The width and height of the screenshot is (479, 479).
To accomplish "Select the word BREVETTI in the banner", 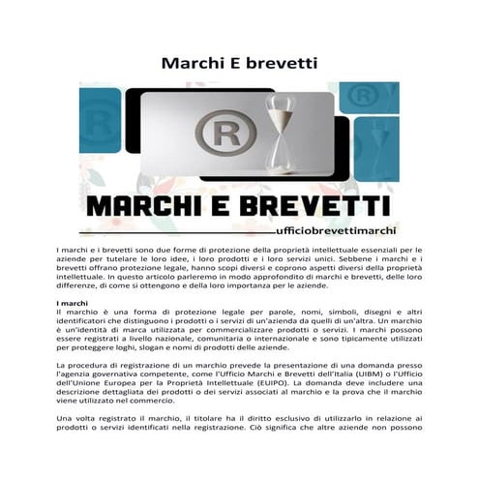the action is coord(320,206).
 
